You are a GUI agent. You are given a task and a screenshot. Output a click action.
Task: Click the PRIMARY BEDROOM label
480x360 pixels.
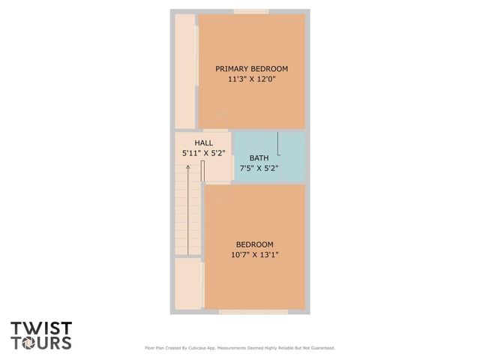tap(251, 68)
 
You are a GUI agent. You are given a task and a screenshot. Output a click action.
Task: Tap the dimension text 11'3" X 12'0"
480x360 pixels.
tap(251, 79)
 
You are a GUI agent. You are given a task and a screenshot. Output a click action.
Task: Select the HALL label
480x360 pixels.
tap(203, 142)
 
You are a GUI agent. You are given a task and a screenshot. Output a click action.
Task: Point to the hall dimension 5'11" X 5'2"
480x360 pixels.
tap(202, 153)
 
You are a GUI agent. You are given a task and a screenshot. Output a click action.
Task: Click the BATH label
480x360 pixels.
tap(259, 158)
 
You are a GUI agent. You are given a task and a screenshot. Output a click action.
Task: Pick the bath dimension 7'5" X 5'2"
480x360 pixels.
tap(259, 169)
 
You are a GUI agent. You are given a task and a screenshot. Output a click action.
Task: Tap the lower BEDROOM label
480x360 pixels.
tap(254, 244)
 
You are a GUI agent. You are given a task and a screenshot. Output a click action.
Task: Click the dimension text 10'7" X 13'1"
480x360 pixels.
tap(254, 255)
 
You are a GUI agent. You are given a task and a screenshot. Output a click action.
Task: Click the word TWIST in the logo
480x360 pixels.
tap(41, 328)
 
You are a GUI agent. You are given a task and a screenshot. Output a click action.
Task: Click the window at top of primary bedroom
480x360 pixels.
tap(251, 10)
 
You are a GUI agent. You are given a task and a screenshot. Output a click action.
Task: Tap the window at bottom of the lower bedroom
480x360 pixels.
tap(253, 311)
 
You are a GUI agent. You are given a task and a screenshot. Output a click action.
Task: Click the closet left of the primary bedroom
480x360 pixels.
tap(184, 71)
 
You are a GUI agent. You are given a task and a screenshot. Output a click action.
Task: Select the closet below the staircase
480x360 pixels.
tap(187, 285)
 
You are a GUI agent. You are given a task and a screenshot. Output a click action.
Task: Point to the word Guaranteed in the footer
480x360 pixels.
tap(319, 348)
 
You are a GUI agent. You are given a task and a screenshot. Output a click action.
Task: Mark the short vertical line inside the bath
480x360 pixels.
tap(279, 142)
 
